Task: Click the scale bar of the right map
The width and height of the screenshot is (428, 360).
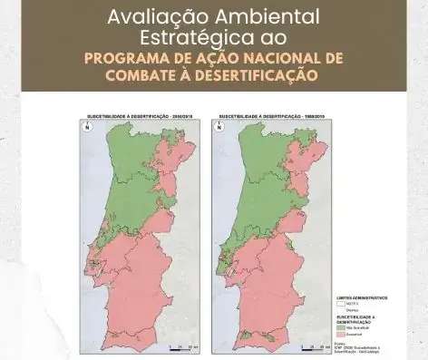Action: (313, 347)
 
